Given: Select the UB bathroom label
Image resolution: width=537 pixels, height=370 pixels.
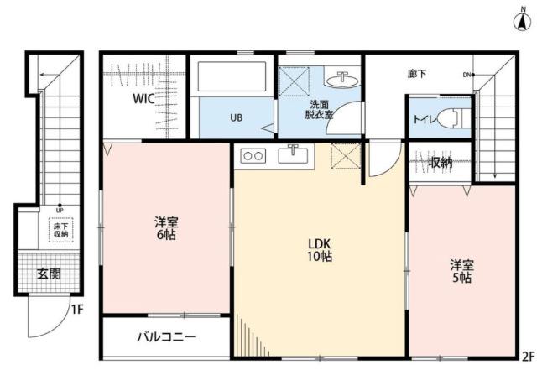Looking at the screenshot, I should [237, 117].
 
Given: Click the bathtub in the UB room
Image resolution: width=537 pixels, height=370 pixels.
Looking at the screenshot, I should [232, 81].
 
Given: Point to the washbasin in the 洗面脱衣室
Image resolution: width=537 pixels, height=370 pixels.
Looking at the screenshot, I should [345, 81].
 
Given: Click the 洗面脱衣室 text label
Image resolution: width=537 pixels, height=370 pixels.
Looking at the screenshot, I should [318, 109].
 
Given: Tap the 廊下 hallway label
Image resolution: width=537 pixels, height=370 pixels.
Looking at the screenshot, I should [417, 75].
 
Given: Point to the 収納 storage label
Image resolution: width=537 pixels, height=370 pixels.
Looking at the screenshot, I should [441, 162].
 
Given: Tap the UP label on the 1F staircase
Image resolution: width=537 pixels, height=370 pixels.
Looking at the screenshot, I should [60, 210].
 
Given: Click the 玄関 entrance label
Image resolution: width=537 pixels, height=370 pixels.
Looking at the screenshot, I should [49, 273].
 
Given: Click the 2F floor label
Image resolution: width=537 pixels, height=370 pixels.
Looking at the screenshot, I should [527, 355].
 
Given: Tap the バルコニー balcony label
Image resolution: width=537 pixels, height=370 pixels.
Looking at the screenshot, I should [166, 338].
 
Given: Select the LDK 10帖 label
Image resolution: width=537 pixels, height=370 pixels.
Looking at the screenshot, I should [319, 249].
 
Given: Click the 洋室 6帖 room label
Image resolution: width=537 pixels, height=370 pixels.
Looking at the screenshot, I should [165, 229].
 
